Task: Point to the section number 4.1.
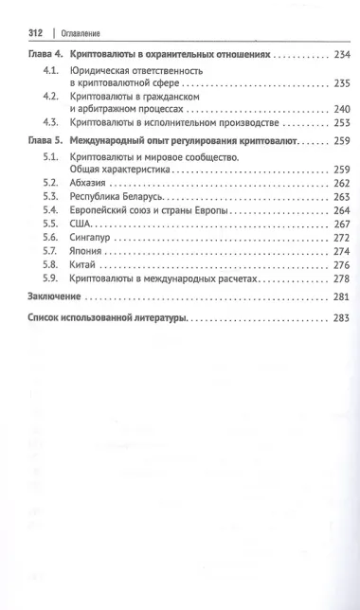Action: [52, 73]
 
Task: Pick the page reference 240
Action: [342, 110]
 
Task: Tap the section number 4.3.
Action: [52, 124]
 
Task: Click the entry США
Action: [94, 224]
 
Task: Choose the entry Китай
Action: [99, 266]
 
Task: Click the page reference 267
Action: [342, 224]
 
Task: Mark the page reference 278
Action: [342, 280]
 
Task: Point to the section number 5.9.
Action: [52, 280]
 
